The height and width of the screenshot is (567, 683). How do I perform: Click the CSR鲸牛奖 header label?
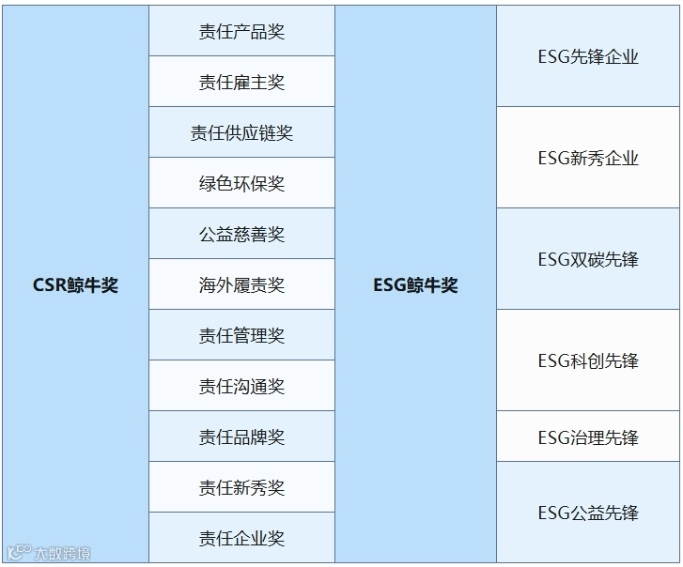coord(75,285)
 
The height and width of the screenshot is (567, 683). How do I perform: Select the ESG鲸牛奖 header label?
coord(415,285)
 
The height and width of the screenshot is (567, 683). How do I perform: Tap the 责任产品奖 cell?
coord(241,32)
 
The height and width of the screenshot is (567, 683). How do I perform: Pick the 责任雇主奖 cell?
coord(241,83)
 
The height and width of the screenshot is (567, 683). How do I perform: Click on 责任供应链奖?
coord(241,133)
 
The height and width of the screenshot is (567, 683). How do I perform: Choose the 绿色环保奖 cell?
coord(241,184)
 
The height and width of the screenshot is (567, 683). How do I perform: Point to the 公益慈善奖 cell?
coord(241,235)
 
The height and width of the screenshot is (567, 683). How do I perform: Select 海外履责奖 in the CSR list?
coord(241,285)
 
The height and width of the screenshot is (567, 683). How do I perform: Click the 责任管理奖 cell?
coord(241,336)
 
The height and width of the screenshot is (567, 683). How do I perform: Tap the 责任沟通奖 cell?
coord(241,387)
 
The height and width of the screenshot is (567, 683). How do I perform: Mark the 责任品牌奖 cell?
coord(241,437)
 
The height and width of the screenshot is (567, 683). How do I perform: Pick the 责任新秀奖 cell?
coord(241,488)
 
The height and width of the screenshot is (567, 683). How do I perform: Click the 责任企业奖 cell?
coord(241,539)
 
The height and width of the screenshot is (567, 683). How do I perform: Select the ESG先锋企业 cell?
coord(588,57)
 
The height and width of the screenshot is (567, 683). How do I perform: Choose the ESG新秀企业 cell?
coord(588,159)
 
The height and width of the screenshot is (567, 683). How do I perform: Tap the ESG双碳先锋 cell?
coord(588,260)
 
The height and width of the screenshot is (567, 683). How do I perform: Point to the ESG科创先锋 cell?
coord(588,361)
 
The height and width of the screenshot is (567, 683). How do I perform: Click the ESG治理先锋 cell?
coord(588,437)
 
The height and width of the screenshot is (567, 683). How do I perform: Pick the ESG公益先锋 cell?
coord(588,513)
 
